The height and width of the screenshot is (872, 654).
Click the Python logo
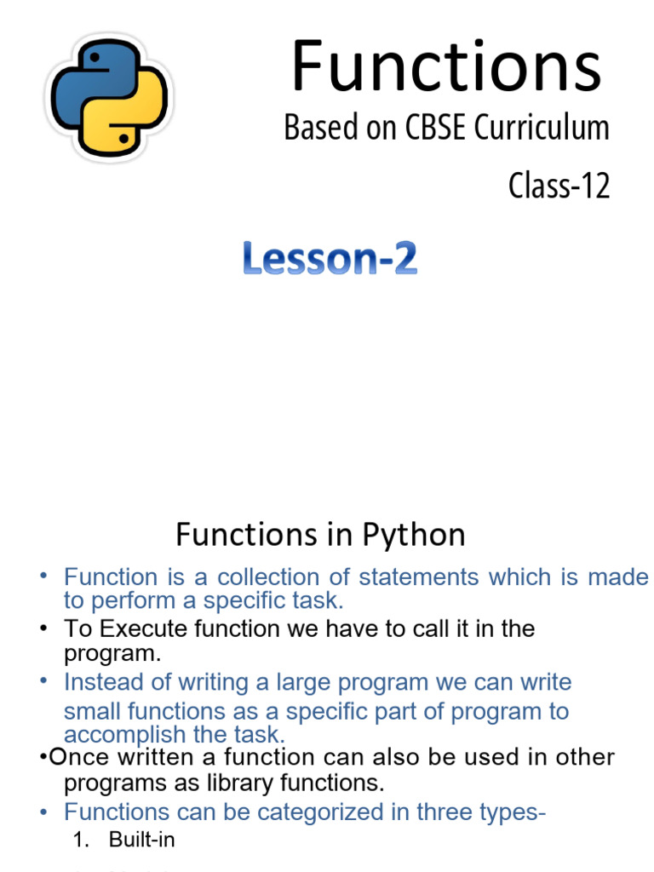tap(107, 96)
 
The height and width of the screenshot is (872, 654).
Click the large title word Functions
tap(446, 67)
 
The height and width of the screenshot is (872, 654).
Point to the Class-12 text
tap(559, 185)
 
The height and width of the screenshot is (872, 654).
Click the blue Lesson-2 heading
tap(330, 258)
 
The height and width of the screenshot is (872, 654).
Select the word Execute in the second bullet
tap(132, 629)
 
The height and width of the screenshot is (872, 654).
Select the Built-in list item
tap(141, 840)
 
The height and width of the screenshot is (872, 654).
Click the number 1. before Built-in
tap(82, 840)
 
